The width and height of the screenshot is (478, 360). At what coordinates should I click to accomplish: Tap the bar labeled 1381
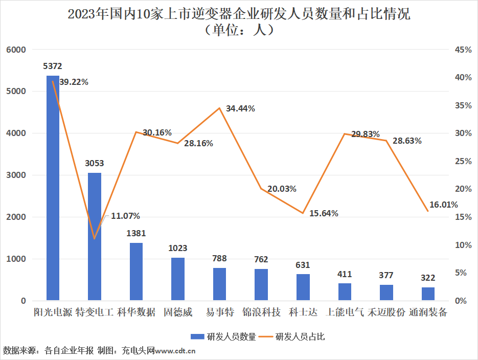coord(136,272)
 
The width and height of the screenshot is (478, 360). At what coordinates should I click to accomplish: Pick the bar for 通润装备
coord(428,294)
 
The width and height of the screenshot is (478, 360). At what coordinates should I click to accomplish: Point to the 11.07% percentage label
coord(125,216)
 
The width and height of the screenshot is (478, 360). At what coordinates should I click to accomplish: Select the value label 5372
coord(53,66)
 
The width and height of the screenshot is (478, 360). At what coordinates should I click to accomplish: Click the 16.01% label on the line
coord(443,205)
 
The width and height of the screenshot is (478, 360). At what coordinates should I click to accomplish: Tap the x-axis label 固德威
coord(178,312)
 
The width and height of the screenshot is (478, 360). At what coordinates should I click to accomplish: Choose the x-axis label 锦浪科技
coord(261,312)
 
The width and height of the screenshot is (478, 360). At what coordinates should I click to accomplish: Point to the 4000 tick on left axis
coord(16,133)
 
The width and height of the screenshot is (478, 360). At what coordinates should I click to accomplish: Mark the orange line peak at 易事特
coord(219,108)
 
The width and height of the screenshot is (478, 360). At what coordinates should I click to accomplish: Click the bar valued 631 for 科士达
coord(303,287)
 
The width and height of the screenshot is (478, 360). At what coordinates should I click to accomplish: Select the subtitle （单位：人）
coord(239,30)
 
